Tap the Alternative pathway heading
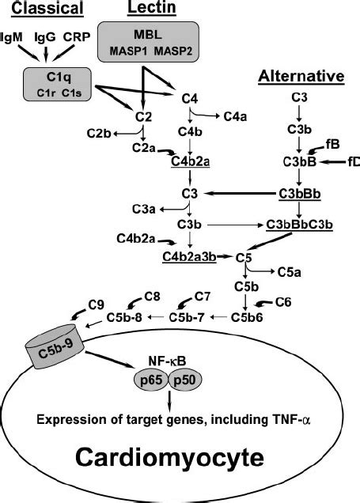coord(301,77)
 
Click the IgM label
coord(12,37)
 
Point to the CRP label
coord(77,37)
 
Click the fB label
coord(332,144)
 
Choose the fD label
coord(352,161)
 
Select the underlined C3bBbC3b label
coord(299,224)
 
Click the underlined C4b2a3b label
coord(190,257)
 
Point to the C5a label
coord(288,271)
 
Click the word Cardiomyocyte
coord(179,457)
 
